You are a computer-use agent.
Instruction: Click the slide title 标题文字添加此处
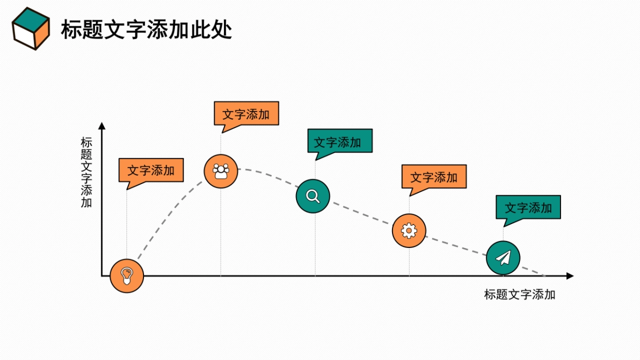point(146,30)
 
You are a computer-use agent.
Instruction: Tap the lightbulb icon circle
point(127,276)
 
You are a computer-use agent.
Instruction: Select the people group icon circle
point(221,171)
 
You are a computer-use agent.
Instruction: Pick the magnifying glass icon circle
point(313,196)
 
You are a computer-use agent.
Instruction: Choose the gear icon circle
point(409,230)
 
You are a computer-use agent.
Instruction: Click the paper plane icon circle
point(503,258)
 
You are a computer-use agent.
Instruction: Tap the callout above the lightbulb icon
point(151,171)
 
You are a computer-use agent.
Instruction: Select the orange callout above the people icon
point(246,114)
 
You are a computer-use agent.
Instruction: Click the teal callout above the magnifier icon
point(340,142)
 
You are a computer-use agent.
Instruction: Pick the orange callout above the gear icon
point(434,177)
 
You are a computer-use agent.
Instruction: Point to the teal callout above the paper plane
point(528,207)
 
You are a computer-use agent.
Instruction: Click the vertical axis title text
point(86,173)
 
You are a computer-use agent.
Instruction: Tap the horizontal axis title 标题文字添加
point(519,294)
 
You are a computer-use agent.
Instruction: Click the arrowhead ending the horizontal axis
point(570,276)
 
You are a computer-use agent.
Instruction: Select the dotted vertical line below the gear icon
point(409,261)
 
